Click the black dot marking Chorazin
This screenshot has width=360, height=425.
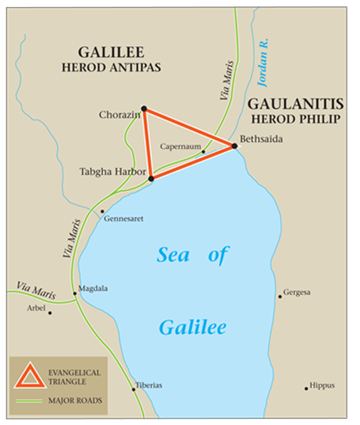[x=144, y=109]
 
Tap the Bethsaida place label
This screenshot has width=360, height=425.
[x=261, y=139]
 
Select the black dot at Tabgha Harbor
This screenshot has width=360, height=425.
[x=151, y=179]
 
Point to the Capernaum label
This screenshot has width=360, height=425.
[x=180, y=147]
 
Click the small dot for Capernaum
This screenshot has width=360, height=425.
[x=203, y=152]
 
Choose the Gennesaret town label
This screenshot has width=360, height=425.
[x=123, y=219]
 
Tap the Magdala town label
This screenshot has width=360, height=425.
[x=93, y=288]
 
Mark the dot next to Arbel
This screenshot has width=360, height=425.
[x=50, y=312]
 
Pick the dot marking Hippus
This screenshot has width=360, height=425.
[x=306, y=388]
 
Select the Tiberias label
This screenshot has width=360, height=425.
[x=149, y=386]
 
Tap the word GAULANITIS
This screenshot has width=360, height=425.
[x=295, y=104]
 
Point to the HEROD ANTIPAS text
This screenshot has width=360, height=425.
[x=111, y=67]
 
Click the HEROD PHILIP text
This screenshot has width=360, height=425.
[x=295, y=119]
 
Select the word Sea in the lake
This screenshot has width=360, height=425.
[x=173, y=255]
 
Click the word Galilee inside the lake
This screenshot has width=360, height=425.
[x=193, y=327]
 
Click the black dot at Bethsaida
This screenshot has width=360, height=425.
[x=234, y=146]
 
